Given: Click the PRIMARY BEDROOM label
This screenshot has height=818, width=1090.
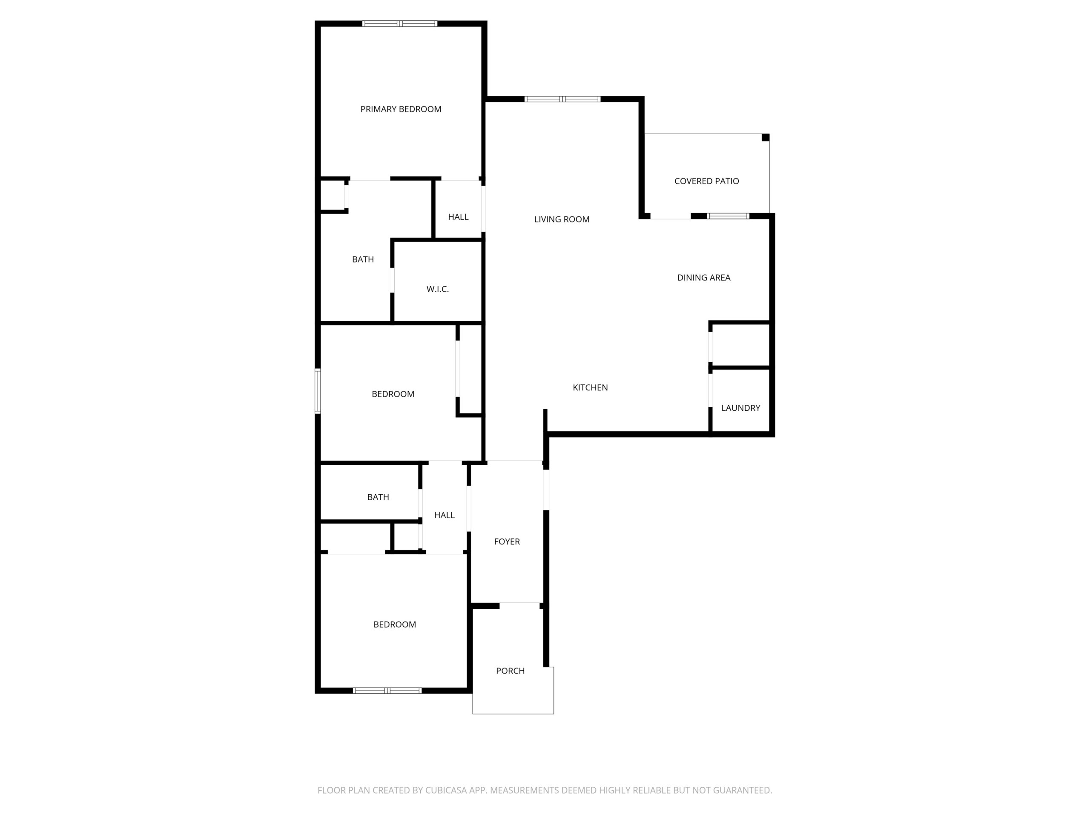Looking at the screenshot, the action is [401, 109].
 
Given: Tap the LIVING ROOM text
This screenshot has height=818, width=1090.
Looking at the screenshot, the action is [562, 219].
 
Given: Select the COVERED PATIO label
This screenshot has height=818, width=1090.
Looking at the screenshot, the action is [707, 181].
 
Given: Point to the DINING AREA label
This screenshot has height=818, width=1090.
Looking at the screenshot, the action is [704, 278].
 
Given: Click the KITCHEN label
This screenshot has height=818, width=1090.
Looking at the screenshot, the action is [590, 388].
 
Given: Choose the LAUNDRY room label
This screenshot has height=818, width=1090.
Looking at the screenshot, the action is [740, 408].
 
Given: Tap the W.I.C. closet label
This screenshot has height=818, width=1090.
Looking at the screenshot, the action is [438, 289].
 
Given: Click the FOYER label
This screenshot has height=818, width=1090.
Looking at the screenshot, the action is [507, 541].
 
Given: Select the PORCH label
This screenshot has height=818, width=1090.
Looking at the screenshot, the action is [511, 671].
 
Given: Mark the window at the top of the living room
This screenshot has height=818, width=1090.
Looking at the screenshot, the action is [562, 99].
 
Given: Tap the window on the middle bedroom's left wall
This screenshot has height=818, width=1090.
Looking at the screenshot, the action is [318, 391].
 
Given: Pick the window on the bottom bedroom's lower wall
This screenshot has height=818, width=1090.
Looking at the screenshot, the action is [387, 691].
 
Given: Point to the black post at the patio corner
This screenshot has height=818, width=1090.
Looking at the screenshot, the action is [765, 138].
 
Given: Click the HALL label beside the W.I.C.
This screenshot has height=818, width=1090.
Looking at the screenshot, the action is [458, 217].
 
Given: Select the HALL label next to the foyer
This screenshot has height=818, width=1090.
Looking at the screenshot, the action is [445, 515].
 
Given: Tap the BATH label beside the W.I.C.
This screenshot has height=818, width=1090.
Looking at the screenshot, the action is [363, 259].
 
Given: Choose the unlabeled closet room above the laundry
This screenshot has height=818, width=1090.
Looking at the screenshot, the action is [740, 345].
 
